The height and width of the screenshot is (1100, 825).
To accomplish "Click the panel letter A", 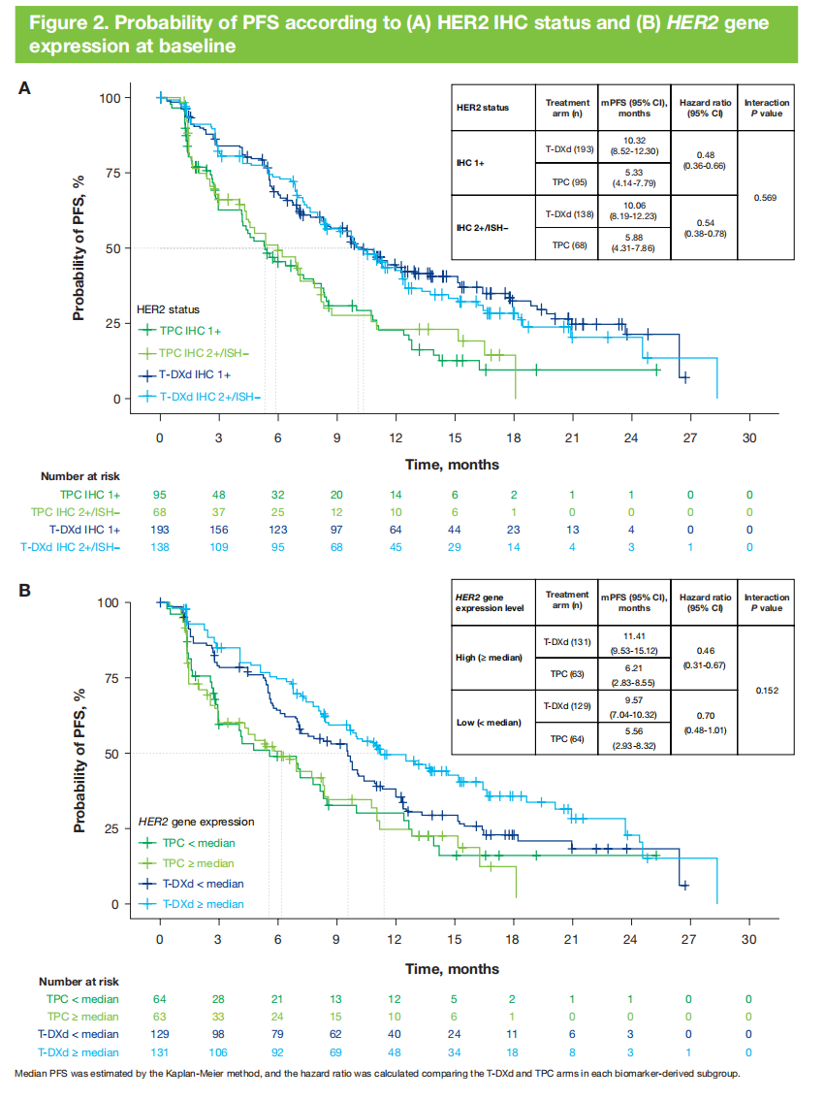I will [x=26, y=88].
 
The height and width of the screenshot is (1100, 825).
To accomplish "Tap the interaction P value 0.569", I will [x=766, y=198].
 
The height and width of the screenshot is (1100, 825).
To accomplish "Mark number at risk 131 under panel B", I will [x=160, y=1053].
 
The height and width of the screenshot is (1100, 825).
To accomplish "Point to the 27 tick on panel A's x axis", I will [x=688, y=438].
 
